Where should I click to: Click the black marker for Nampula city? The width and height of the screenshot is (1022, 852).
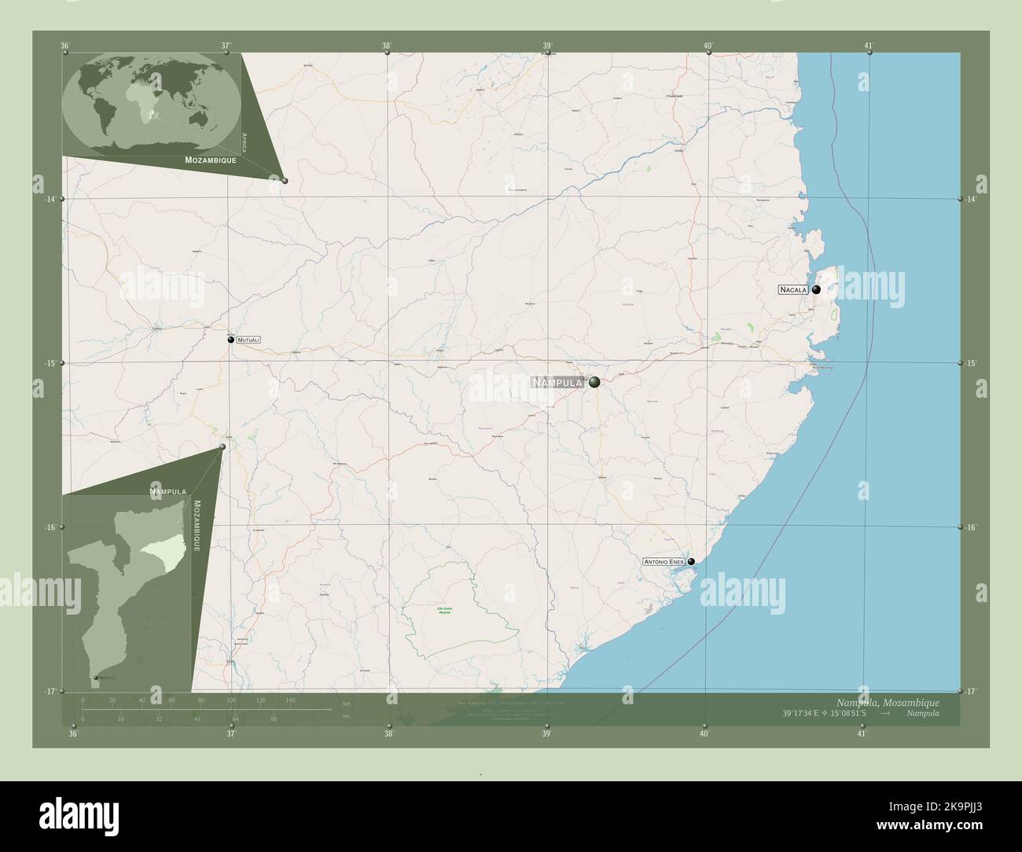click(x=594, y=382)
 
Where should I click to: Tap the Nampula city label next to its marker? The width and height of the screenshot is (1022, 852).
click(x=557, y=383)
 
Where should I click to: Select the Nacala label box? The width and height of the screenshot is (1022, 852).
click(x=793, y=290)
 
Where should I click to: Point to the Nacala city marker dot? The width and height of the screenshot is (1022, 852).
click(x=816, y=290)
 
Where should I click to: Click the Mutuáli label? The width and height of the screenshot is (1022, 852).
click(x=248, y=340)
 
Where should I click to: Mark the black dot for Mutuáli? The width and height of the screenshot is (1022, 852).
click(x=231, y=340)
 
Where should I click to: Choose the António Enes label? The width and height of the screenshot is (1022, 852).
click(x=664, y=562)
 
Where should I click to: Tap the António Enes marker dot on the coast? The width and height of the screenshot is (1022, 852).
click(x=691, y=561)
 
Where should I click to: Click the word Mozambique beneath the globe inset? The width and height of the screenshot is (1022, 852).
click(x=211, y=160)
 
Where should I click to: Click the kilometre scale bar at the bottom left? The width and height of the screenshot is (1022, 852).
click(x=206, y=709)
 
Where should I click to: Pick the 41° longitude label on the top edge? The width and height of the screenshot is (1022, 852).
click(x=869, y=46)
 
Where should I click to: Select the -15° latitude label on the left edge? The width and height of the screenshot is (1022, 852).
click(x=50, y=363)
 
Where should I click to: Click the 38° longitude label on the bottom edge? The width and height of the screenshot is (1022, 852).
click(x=388, y=734)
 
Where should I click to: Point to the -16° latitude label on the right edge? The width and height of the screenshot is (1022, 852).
click(x=971, y=527)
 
